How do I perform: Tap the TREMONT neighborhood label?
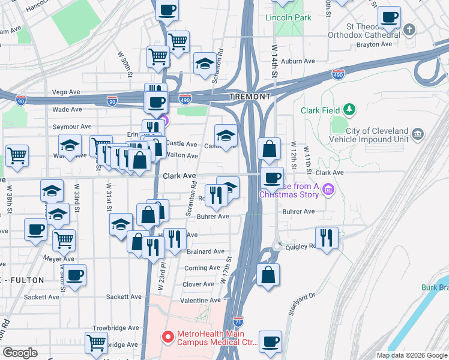pyautogui.click(x=249, y=97)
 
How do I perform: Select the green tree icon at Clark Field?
pyautogui.click(x=348, y=110)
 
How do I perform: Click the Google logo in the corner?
pyautogui.click(x=20, y=353)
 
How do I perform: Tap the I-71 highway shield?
pyautogui.click(x=238, y=322)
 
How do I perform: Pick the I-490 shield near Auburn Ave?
pyautogui.click(x=338, y=74)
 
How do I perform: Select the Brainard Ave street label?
pyautogui.click(x=205, y=251)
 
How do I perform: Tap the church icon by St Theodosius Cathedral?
pyautogui.click(x=409, y=29)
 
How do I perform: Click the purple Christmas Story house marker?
pyautogui.click(x=328, y=191)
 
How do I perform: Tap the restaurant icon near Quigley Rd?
pyautogui.click(x=327, y=237)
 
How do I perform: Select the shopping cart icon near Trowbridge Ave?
pyautogui.click(x=96, y=343)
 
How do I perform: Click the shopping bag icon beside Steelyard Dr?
pyautogui.click(x=268, y=274)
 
